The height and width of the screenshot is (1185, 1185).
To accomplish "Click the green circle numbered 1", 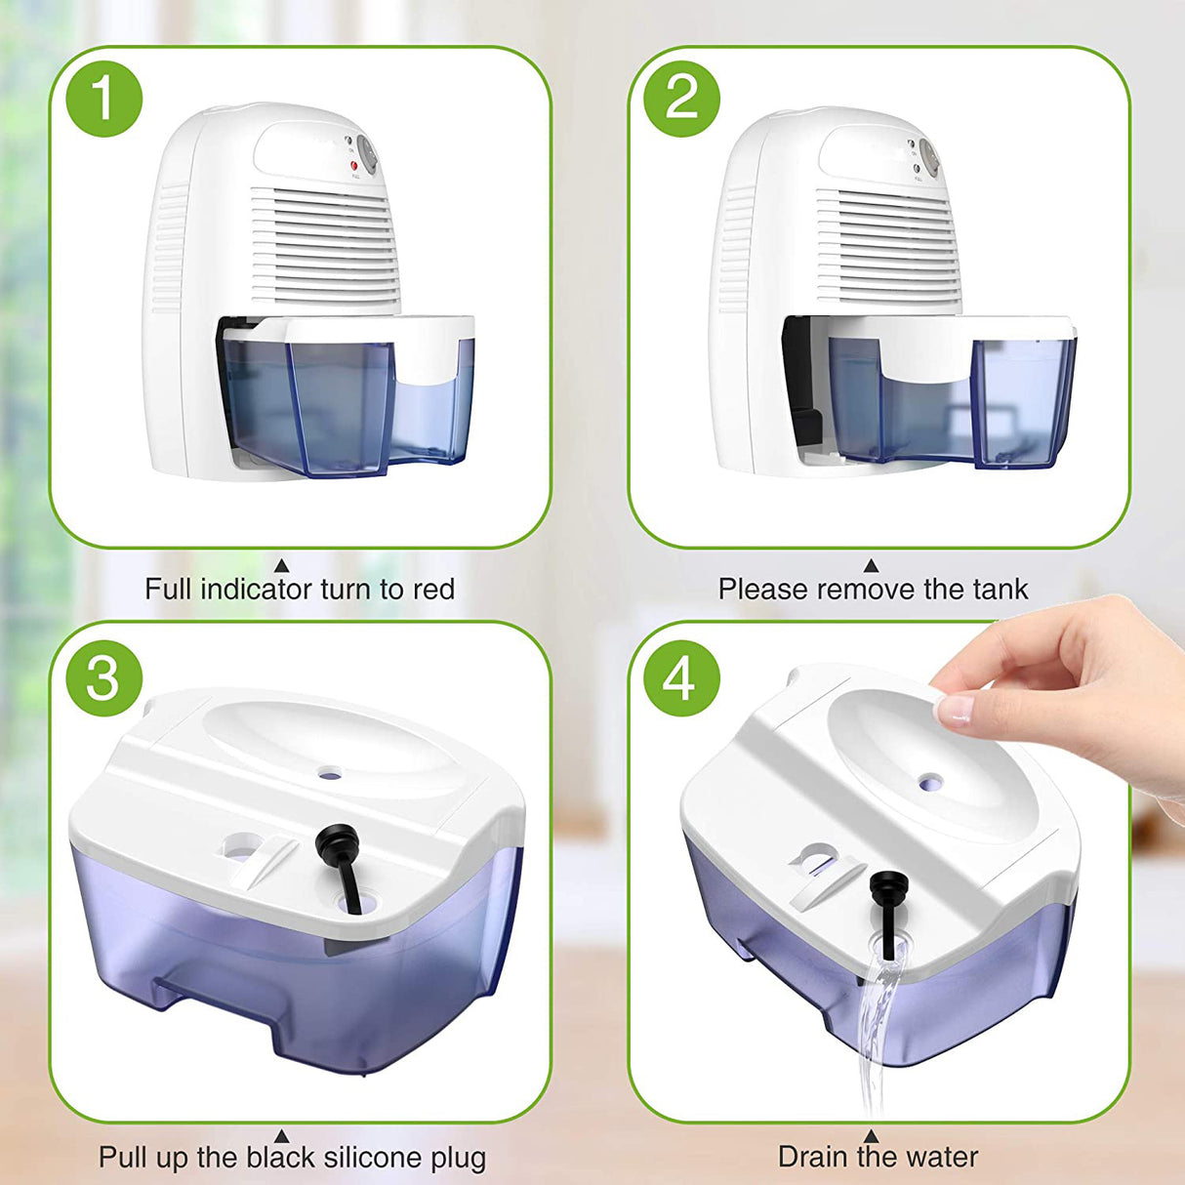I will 104,98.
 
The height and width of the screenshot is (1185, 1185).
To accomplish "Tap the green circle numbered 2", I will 681,98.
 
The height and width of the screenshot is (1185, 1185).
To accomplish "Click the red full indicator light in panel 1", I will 354,167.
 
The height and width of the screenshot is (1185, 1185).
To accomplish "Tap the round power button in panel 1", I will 367,153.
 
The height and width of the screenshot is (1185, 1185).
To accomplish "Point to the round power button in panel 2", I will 929,158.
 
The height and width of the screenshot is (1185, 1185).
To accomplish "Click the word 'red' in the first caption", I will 433,590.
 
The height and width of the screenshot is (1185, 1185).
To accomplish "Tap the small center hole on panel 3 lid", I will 330,773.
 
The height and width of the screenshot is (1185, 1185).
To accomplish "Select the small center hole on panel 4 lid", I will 931,782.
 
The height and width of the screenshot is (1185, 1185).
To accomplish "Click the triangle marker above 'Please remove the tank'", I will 871,566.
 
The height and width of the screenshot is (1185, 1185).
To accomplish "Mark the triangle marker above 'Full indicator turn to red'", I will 281,566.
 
